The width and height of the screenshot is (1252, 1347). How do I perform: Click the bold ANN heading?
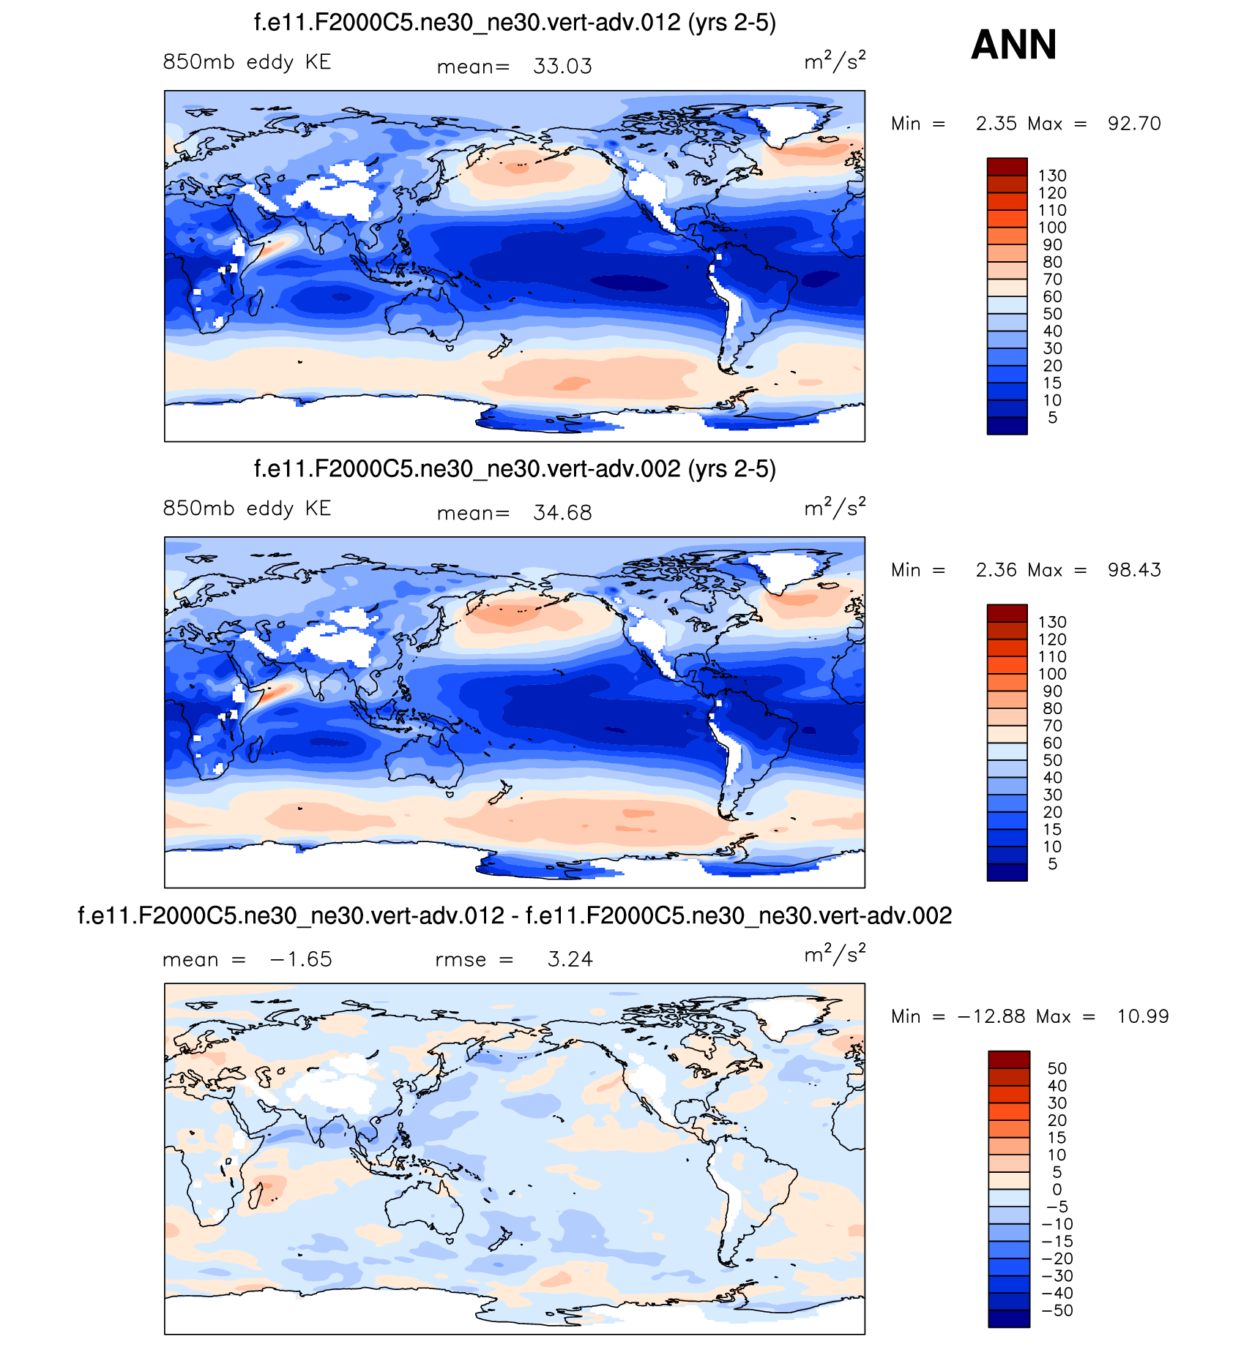(1013, 45)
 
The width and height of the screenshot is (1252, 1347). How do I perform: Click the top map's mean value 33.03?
(562, 67)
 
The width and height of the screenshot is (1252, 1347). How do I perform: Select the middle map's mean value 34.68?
(562, 513)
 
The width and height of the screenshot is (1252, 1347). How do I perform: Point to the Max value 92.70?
(1133, 124)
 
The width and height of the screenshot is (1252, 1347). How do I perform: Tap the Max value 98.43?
(1133, 570)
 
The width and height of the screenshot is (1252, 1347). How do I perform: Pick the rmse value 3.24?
(570, 959)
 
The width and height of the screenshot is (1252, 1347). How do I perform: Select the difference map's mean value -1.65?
(301, 959)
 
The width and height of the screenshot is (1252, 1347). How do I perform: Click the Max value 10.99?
(1142, 1016)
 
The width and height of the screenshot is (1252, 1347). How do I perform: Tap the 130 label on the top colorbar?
(1052, 176)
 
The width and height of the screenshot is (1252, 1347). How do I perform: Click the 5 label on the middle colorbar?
(1052, 864)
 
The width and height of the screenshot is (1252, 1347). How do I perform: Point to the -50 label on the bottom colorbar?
(1057, 1310)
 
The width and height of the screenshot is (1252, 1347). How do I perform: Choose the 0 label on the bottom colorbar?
(1057, 1190)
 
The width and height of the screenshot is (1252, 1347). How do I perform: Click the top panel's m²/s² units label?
(835, 61)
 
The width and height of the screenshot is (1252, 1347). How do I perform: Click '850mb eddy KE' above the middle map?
(247, 509)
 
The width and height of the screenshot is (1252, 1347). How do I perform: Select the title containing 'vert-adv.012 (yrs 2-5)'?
(515, 23)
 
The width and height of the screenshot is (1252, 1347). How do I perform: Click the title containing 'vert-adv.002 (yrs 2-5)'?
(515, 469)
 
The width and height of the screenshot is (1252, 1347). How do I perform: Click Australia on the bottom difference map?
(425, 1214)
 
